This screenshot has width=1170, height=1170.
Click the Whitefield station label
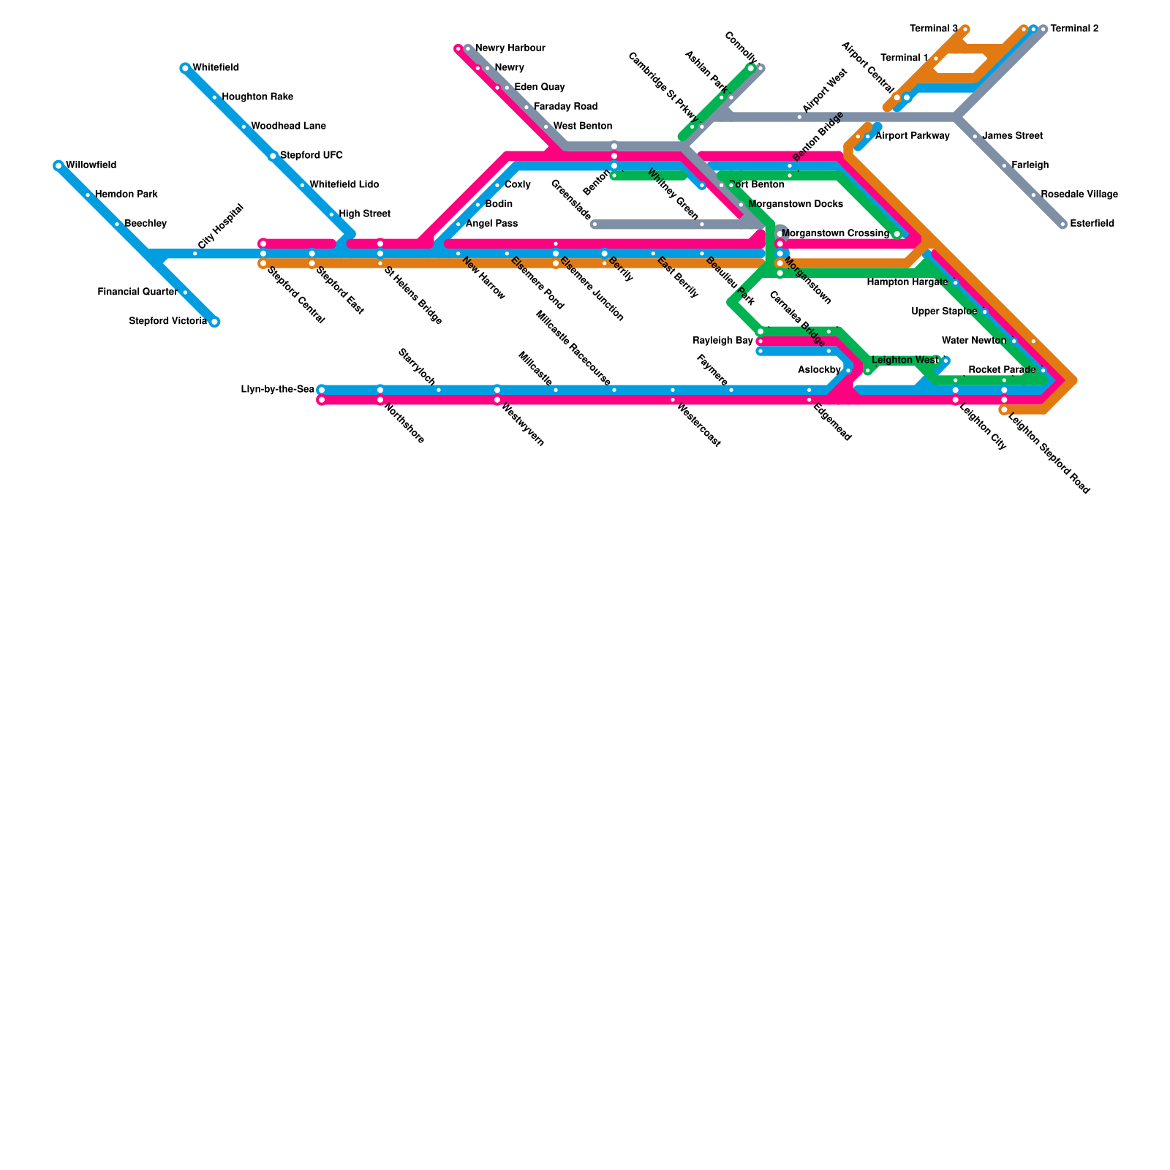215,68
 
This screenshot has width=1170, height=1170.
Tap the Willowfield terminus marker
58,166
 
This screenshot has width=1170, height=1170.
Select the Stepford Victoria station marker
214,322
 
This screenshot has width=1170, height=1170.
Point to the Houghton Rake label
257,97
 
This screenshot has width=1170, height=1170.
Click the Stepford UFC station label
311,156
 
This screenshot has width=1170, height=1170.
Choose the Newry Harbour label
510,48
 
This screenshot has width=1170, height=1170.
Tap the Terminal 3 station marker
965,29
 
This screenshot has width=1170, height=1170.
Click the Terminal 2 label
1074,29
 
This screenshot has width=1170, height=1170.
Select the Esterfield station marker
1063,224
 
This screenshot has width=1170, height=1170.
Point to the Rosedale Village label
1079,195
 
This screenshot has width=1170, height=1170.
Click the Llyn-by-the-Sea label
277,390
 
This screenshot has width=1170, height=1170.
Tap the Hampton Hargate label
907,282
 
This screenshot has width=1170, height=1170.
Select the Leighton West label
905,361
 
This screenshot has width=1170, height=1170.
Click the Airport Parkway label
912,136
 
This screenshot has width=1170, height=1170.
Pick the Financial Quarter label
137,292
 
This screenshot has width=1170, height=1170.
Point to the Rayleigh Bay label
722,341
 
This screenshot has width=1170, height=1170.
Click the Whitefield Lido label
344,185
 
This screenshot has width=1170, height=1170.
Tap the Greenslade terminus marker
595,224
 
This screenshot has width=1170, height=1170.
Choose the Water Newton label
973,341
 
